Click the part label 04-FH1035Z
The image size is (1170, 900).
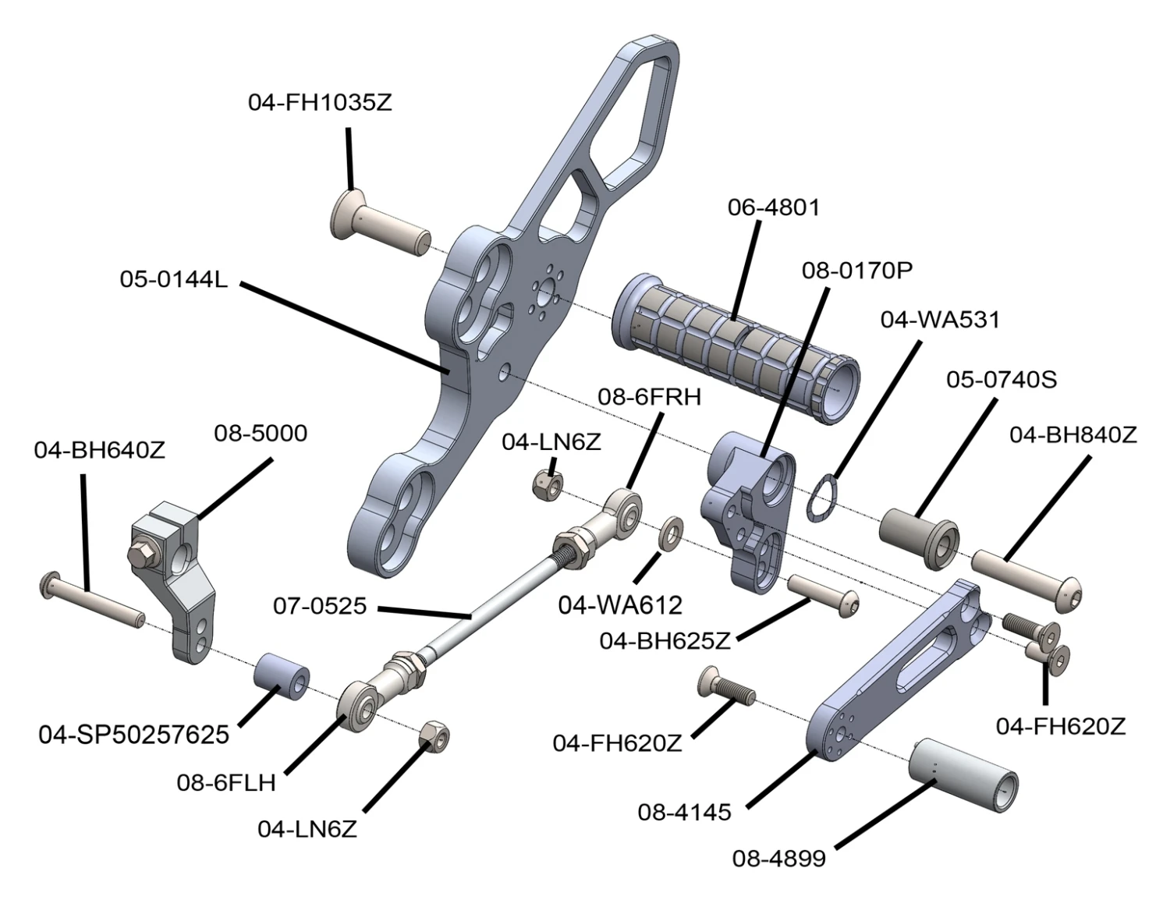[320, 102]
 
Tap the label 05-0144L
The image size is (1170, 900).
[173, 278]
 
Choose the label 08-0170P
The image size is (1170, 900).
[856, 270]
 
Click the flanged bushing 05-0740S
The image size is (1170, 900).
[919, 538]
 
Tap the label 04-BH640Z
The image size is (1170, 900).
[99, 450]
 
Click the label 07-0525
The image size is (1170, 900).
[320, 605]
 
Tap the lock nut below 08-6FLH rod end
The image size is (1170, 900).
[434, 735]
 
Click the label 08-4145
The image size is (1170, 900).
[684, 812]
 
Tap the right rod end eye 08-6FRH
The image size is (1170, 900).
[626, 510]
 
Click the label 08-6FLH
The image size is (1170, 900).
[226, 782]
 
